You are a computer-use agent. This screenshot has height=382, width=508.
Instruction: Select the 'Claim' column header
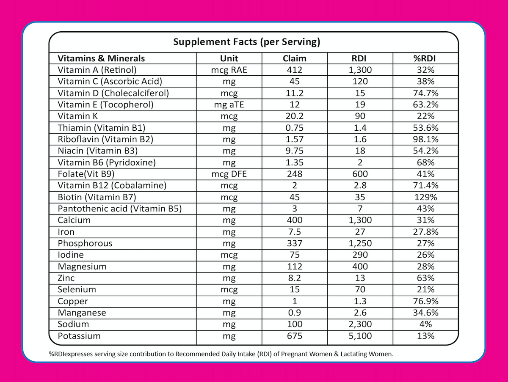point(294,58)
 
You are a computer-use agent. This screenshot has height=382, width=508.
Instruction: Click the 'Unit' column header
point(229,58)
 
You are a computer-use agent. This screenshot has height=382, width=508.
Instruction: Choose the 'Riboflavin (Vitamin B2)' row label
point(105,139)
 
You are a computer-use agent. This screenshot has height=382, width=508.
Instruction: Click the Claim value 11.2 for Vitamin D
point(294,93)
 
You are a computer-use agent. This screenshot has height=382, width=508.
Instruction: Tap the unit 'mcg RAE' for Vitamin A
point(229,70)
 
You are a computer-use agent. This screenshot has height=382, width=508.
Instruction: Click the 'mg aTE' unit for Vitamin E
point(229,104)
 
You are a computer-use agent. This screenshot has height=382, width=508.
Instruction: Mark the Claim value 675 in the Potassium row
point(294,336)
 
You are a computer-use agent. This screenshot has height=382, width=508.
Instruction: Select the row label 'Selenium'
point(77,290)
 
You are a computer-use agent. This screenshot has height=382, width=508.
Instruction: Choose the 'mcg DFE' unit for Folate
point(229,174)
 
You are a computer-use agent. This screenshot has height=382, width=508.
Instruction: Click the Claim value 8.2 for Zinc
point(294,278)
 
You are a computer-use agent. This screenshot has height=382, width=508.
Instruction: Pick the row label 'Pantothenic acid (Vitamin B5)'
point(120,209)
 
